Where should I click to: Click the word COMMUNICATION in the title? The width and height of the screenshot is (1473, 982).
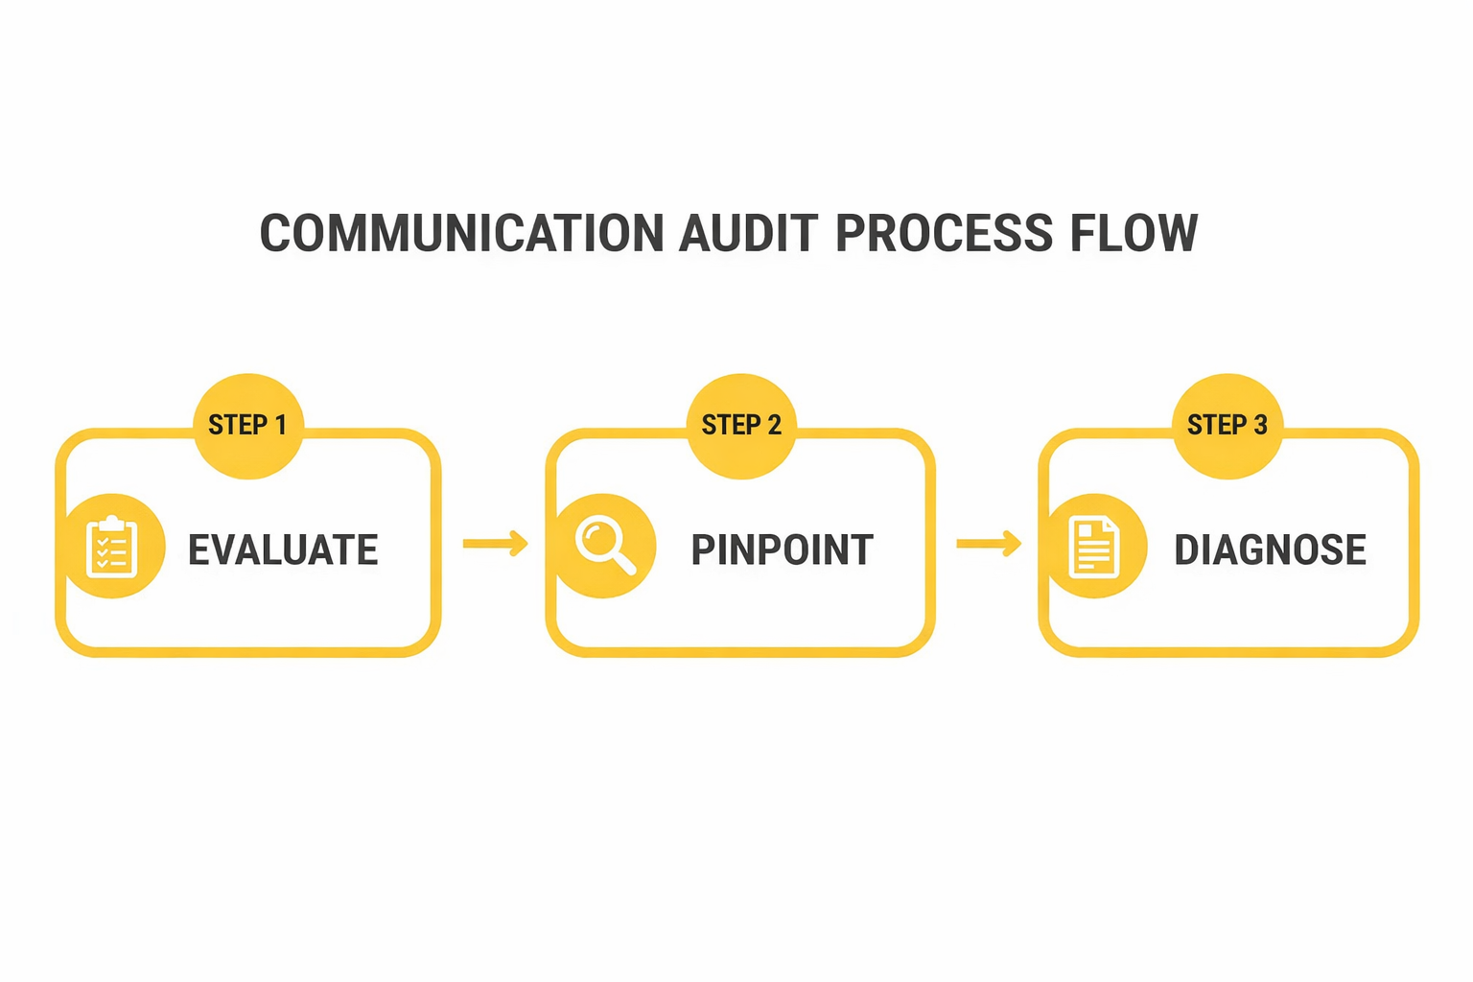point(461,234)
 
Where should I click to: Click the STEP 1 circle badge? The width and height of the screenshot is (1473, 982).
point(248,425)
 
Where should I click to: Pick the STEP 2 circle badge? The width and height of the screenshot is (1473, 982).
point(741,425)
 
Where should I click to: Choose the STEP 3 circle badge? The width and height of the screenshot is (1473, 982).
point(1227,425)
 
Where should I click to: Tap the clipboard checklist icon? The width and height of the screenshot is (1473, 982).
point(112,548)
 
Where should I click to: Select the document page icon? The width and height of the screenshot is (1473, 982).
point(1095,547)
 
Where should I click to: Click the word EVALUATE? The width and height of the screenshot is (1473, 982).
point(283,550)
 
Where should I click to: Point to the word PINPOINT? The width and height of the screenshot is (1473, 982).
point(782,550)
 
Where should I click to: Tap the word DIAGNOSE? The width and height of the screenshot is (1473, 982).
point(1270,550)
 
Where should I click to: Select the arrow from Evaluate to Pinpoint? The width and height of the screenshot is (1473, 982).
point(495,544)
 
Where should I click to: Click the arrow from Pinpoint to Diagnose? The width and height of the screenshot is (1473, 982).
point(989,544)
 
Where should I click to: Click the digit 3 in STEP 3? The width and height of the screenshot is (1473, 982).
point(1260,425)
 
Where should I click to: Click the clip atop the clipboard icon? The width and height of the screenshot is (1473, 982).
point(112,523)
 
